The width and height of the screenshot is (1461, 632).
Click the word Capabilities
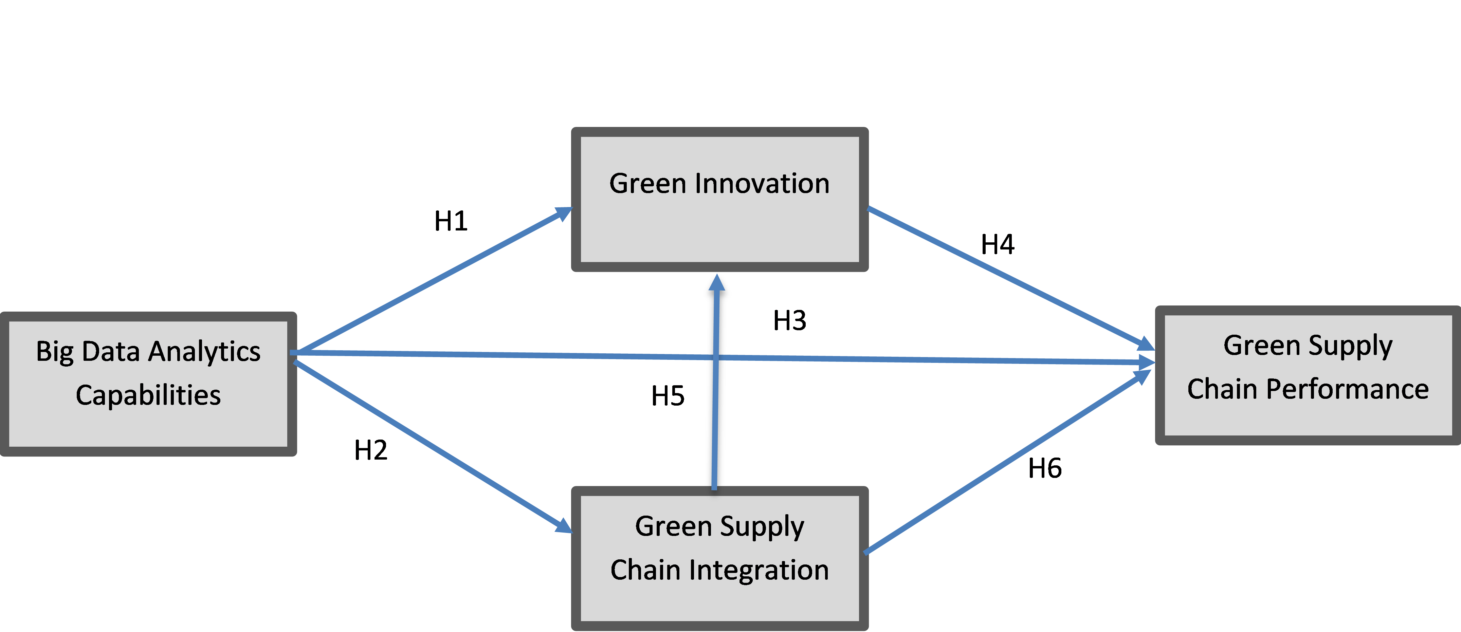148,395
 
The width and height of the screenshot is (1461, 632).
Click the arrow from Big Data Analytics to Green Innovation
431,281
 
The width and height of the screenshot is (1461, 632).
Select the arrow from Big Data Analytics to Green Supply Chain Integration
431,445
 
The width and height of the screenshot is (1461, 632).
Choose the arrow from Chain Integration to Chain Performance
1004,462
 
